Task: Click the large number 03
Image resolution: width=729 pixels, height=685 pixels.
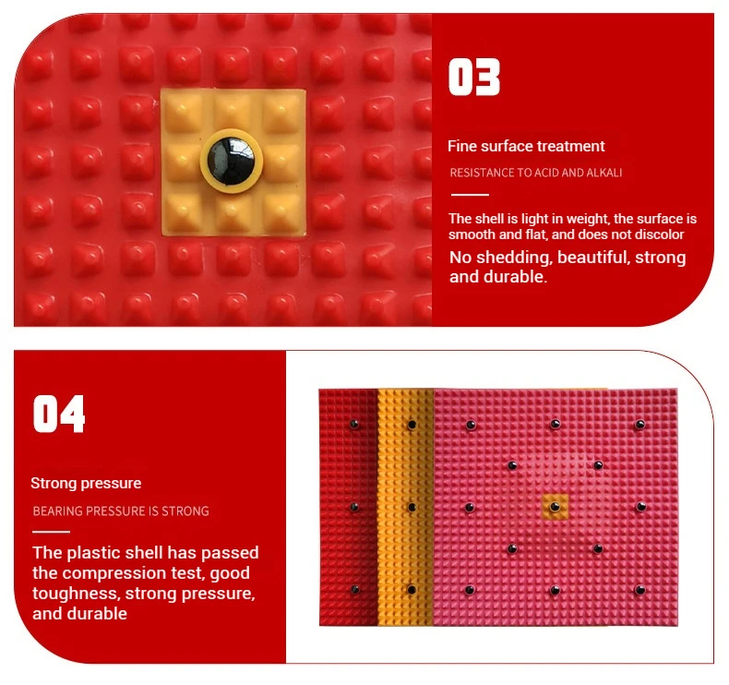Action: point(473,78)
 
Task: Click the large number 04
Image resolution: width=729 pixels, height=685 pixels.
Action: point(59,414)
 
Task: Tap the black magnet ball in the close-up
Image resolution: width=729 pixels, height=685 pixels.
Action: point(231,161)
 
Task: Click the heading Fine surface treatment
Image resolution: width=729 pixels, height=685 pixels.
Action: point(526,146)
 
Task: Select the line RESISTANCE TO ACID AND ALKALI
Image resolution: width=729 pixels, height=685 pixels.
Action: point(535,173)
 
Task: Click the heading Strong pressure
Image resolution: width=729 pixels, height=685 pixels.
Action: point(86,483)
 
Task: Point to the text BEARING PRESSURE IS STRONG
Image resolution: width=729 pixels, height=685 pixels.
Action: point(121,511)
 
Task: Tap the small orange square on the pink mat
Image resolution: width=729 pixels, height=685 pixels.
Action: point(556,507)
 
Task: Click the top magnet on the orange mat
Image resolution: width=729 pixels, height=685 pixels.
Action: point(412,425)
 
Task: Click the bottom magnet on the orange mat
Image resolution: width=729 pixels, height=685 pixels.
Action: point(412,590)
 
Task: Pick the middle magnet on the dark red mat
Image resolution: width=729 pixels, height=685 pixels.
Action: point(354,507)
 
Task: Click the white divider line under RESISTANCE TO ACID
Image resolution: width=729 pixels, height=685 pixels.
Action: point(470,195)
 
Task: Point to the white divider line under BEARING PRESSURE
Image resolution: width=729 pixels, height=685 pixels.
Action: point(51,532)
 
